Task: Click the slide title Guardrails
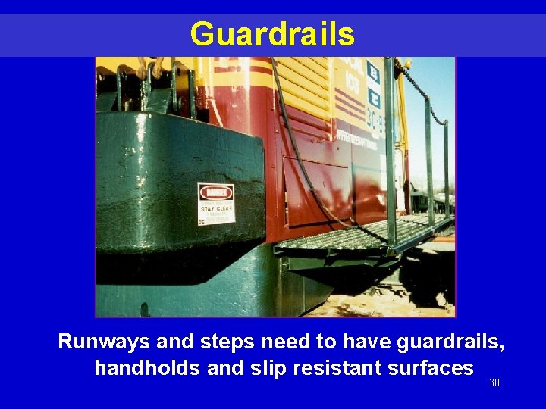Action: click(x=272, y=34)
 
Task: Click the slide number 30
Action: click(x=494, y=383)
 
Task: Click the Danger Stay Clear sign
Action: click(x=216, y=203)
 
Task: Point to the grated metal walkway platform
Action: click(x=356, y=234)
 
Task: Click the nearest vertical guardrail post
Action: click(x=390, y=151)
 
